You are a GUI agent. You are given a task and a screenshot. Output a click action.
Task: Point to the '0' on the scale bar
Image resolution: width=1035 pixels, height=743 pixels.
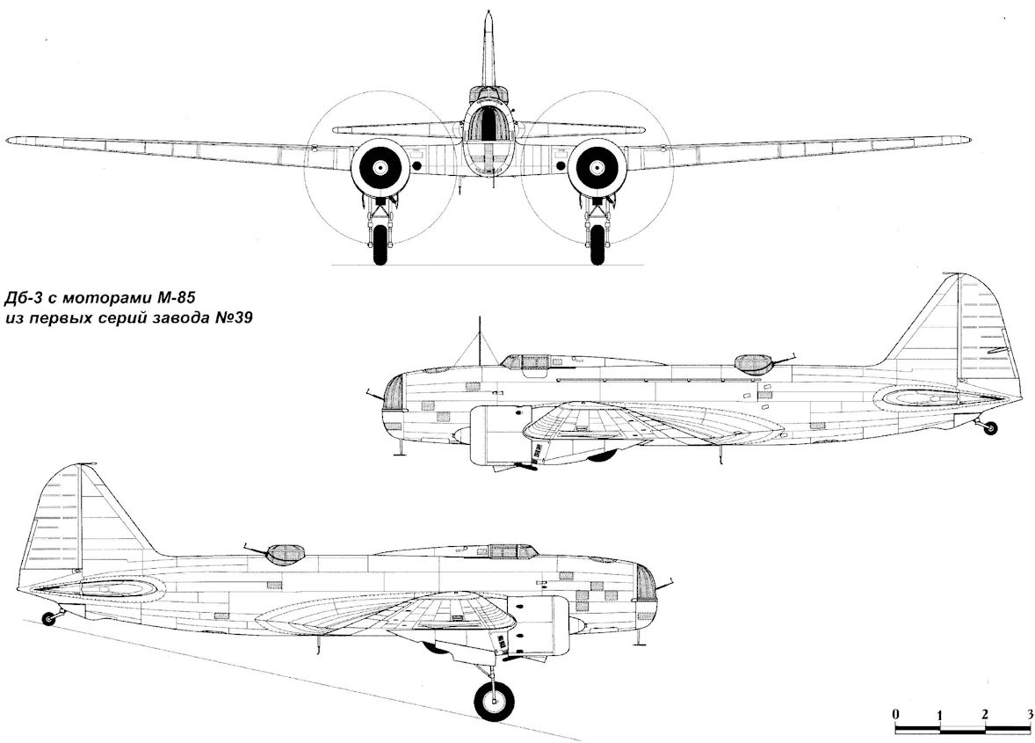pos(894,712)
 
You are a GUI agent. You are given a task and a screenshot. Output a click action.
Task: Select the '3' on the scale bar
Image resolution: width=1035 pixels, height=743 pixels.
pos(1029,712)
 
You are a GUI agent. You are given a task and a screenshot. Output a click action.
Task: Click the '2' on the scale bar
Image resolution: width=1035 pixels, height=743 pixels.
pos(985,712)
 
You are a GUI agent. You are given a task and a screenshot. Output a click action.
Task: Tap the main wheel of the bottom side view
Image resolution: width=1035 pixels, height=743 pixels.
pos(494,702)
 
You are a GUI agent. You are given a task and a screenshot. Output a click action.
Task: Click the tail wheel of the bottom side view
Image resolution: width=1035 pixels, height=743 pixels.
pos(48,619)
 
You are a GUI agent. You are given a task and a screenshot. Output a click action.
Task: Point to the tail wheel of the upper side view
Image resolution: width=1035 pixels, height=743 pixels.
pos(991,428)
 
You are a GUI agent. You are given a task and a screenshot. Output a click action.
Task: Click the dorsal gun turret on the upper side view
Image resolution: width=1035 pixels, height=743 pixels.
pos(751,364)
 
